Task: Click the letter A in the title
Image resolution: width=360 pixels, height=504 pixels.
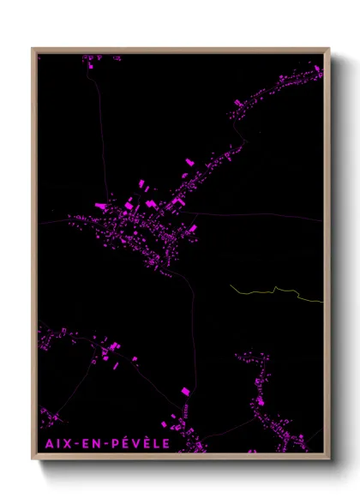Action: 45,444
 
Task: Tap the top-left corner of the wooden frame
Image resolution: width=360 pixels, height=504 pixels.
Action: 33,49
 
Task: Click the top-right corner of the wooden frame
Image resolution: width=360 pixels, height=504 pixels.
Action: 329,49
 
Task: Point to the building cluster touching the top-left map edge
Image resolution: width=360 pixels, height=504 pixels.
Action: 90,60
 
